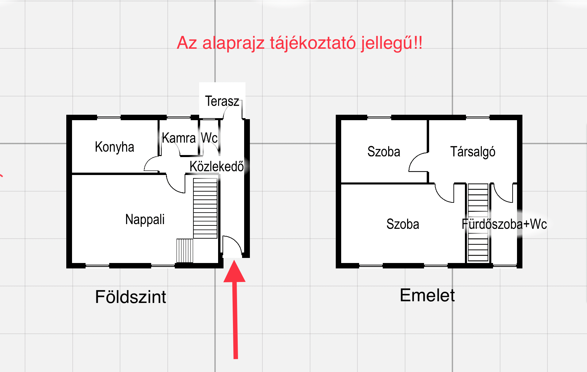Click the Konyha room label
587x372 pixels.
[x=114, y=147]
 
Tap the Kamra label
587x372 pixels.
[x=179, y=138]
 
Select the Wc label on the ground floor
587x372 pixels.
[x=209, y=138]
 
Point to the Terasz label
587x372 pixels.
[x=222, y=101]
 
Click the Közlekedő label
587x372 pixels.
[x=216, y=166]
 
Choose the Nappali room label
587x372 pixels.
[x=145, y=219]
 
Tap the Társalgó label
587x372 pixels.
[x=472, y=152]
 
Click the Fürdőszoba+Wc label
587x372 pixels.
[x=504, y=224]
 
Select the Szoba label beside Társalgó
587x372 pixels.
[x=383, y=152]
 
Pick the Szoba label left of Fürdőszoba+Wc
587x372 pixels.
[x=402, y=224]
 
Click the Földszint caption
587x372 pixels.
[x=131, y=297]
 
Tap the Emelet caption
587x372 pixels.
[x=427, y=295]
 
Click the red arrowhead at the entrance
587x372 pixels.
[x=234, y=272]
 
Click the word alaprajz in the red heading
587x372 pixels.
[x=233, y=43]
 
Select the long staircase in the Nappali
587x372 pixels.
[x=205, y=208]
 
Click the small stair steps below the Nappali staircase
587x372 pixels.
[x=185, y=250]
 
